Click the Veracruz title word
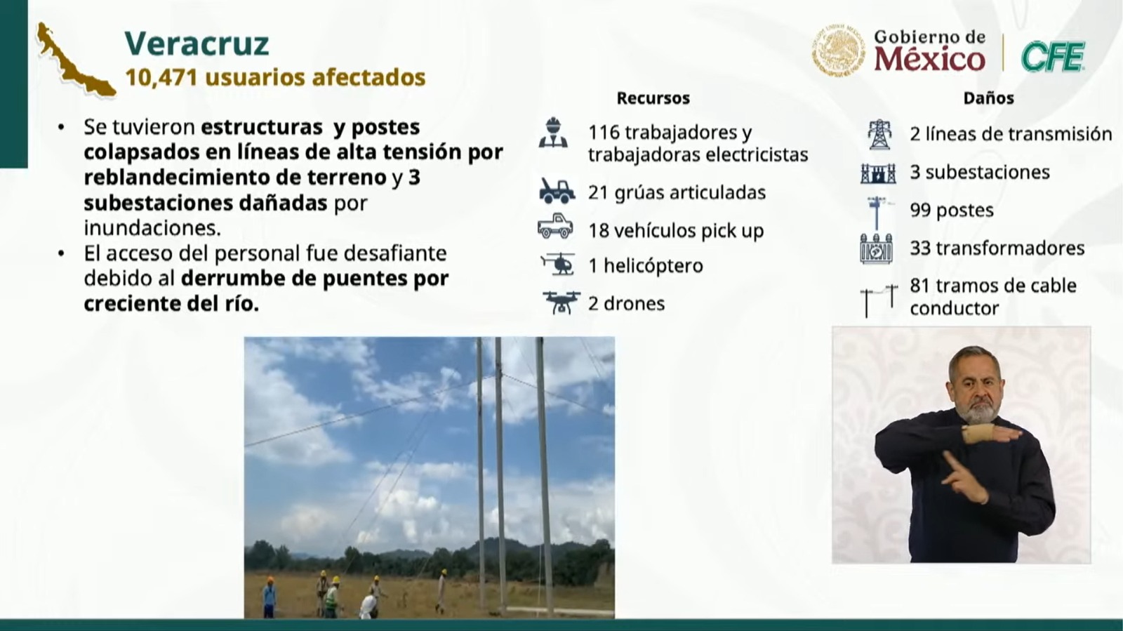tap(197, 44)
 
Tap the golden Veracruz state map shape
tap(75, 61)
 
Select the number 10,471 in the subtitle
tap(161, 78)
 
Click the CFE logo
tap(1054, 56)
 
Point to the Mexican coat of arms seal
tap(838, 50)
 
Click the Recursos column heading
tap(653, 98)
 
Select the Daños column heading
tap(988, 98)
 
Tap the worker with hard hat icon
tap(554, 133)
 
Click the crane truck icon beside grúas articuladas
tap(557, 191)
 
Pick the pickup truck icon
tap(555, 226)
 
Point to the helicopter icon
tap(558, 264)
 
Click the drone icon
tap(561, 303)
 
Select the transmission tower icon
tap(879, 134)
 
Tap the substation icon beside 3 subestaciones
tap(878, 173)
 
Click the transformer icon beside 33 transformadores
tap(877, 248)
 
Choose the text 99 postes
tap(952, 210)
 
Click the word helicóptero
tap(653, 265)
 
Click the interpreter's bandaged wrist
tap(976, 434)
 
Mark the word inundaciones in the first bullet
tap(152, 228)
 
